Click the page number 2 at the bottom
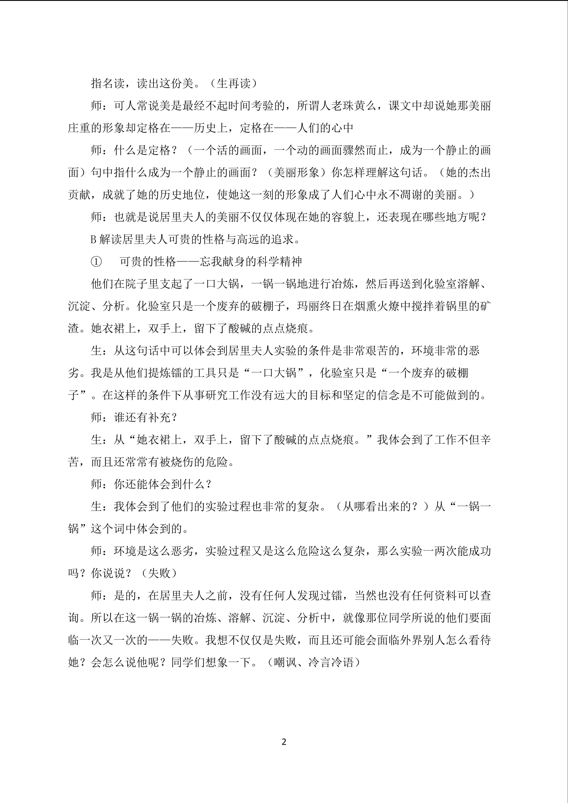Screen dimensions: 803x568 tap(284, 742)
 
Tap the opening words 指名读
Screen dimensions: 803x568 tap(108, 83)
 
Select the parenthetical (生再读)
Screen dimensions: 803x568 tap(234, 83)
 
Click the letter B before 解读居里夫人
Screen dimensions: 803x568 tap(93, 240)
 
